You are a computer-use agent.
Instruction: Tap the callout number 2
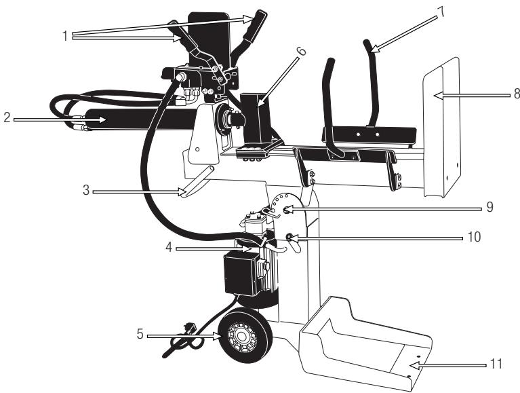coord(7,118)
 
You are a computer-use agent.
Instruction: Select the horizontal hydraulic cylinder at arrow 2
coord(136,124)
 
